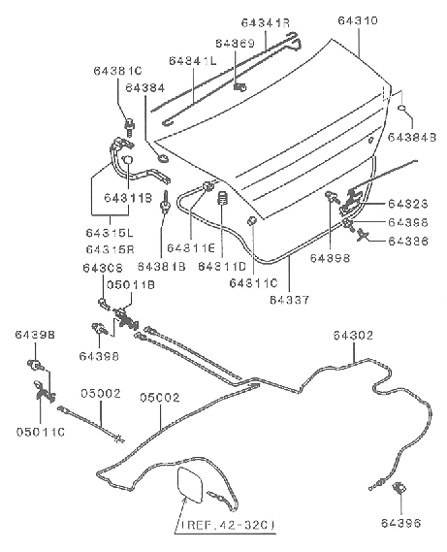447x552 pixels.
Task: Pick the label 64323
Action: coord(407,205)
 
